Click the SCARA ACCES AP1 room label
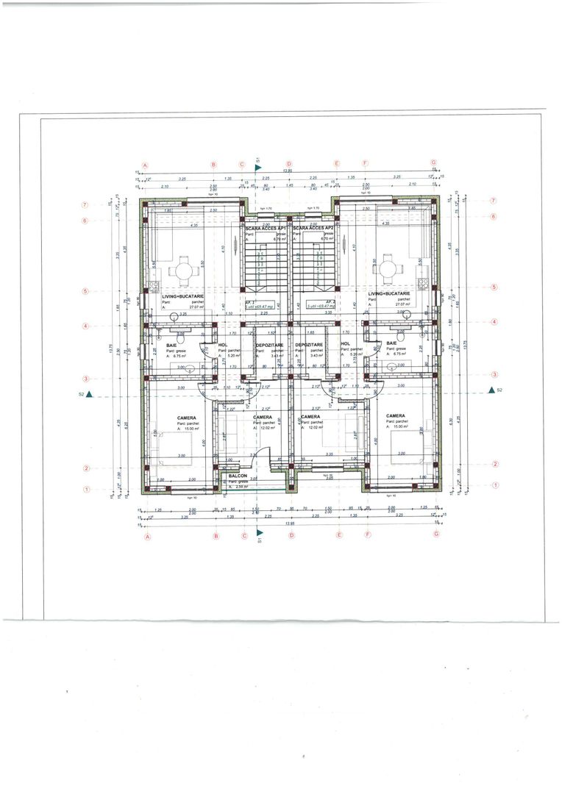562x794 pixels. [266, 228]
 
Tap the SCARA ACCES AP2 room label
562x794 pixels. [315, 228]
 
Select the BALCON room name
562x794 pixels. [238, 476]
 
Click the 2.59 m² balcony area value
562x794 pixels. [242, 487]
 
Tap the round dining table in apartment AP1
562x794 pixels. [182, 271]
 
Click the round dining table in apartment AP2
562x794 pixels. [386, 271]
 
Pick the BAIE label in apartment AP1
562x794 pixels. [171, 344]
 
